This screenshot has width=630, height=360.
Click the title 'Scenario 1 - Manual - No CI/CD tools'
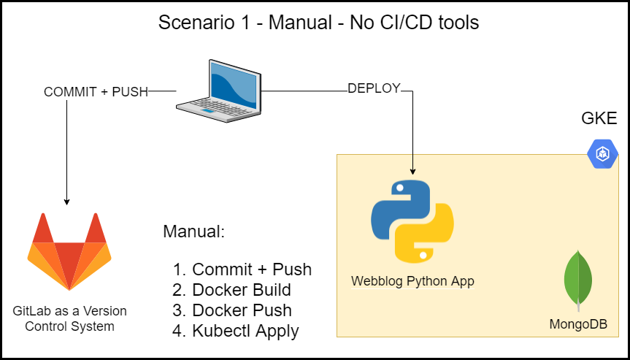pyautogui.click(x=318, y=23)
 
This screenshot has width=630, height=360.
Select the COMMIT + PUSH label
pyautogui.click(x=96, y=92)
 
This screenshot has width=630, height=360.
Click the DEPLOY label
pyautogui.click(x=374, y=88)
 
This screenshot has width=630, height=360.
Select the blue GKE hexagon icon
pyautogui.click(x=603, y=153)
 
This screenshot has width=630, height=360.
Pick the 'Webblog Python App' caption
pyautogui.click(x=412, y=280)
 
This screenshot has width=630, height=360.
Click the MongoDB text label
pyautogui.click(x=578, y=323)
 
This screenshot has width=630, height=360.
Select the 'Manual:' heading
pyautogui.click(x=193, y=232)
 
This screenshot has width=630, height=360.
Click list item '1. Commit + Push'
pyautogui.click(x=242, y=269)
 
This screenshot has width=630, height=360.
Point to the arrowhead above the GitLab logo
pyautogui.click(x=67, y=201)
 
